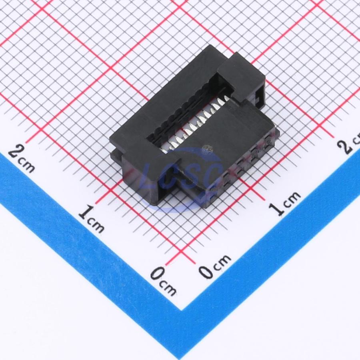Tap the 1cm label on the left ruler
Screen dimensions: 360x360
coord(91,219)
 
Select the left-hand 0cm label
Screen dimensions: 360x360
coord(163,281)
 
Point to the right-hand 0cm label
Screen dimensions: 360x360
coord(215,266)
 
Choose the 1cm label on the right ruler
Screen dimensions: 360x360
coord(285,204)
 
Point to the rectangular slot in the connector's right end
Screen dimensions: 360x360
coord(258,97)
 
